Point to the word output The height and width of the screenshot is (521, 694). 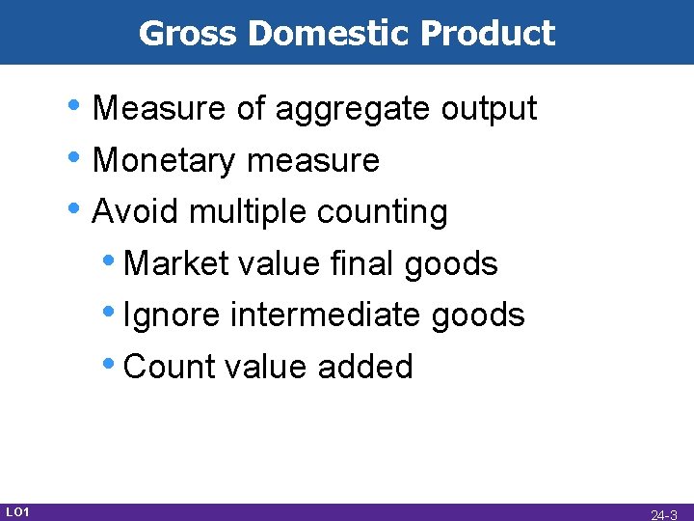[489, 110]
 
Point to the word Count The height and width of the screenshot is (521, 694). [170, 367]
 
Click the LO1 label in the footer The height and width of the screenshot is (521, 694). [17, 510]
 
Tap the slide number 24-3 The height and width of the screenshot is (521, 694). [664, 514]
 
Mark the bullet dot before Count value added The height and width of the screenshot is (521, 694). [113, 363]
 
